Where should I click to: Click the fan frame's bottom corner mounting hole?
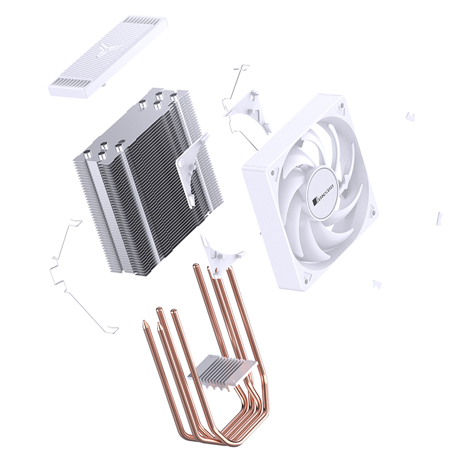pos(308,276)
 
